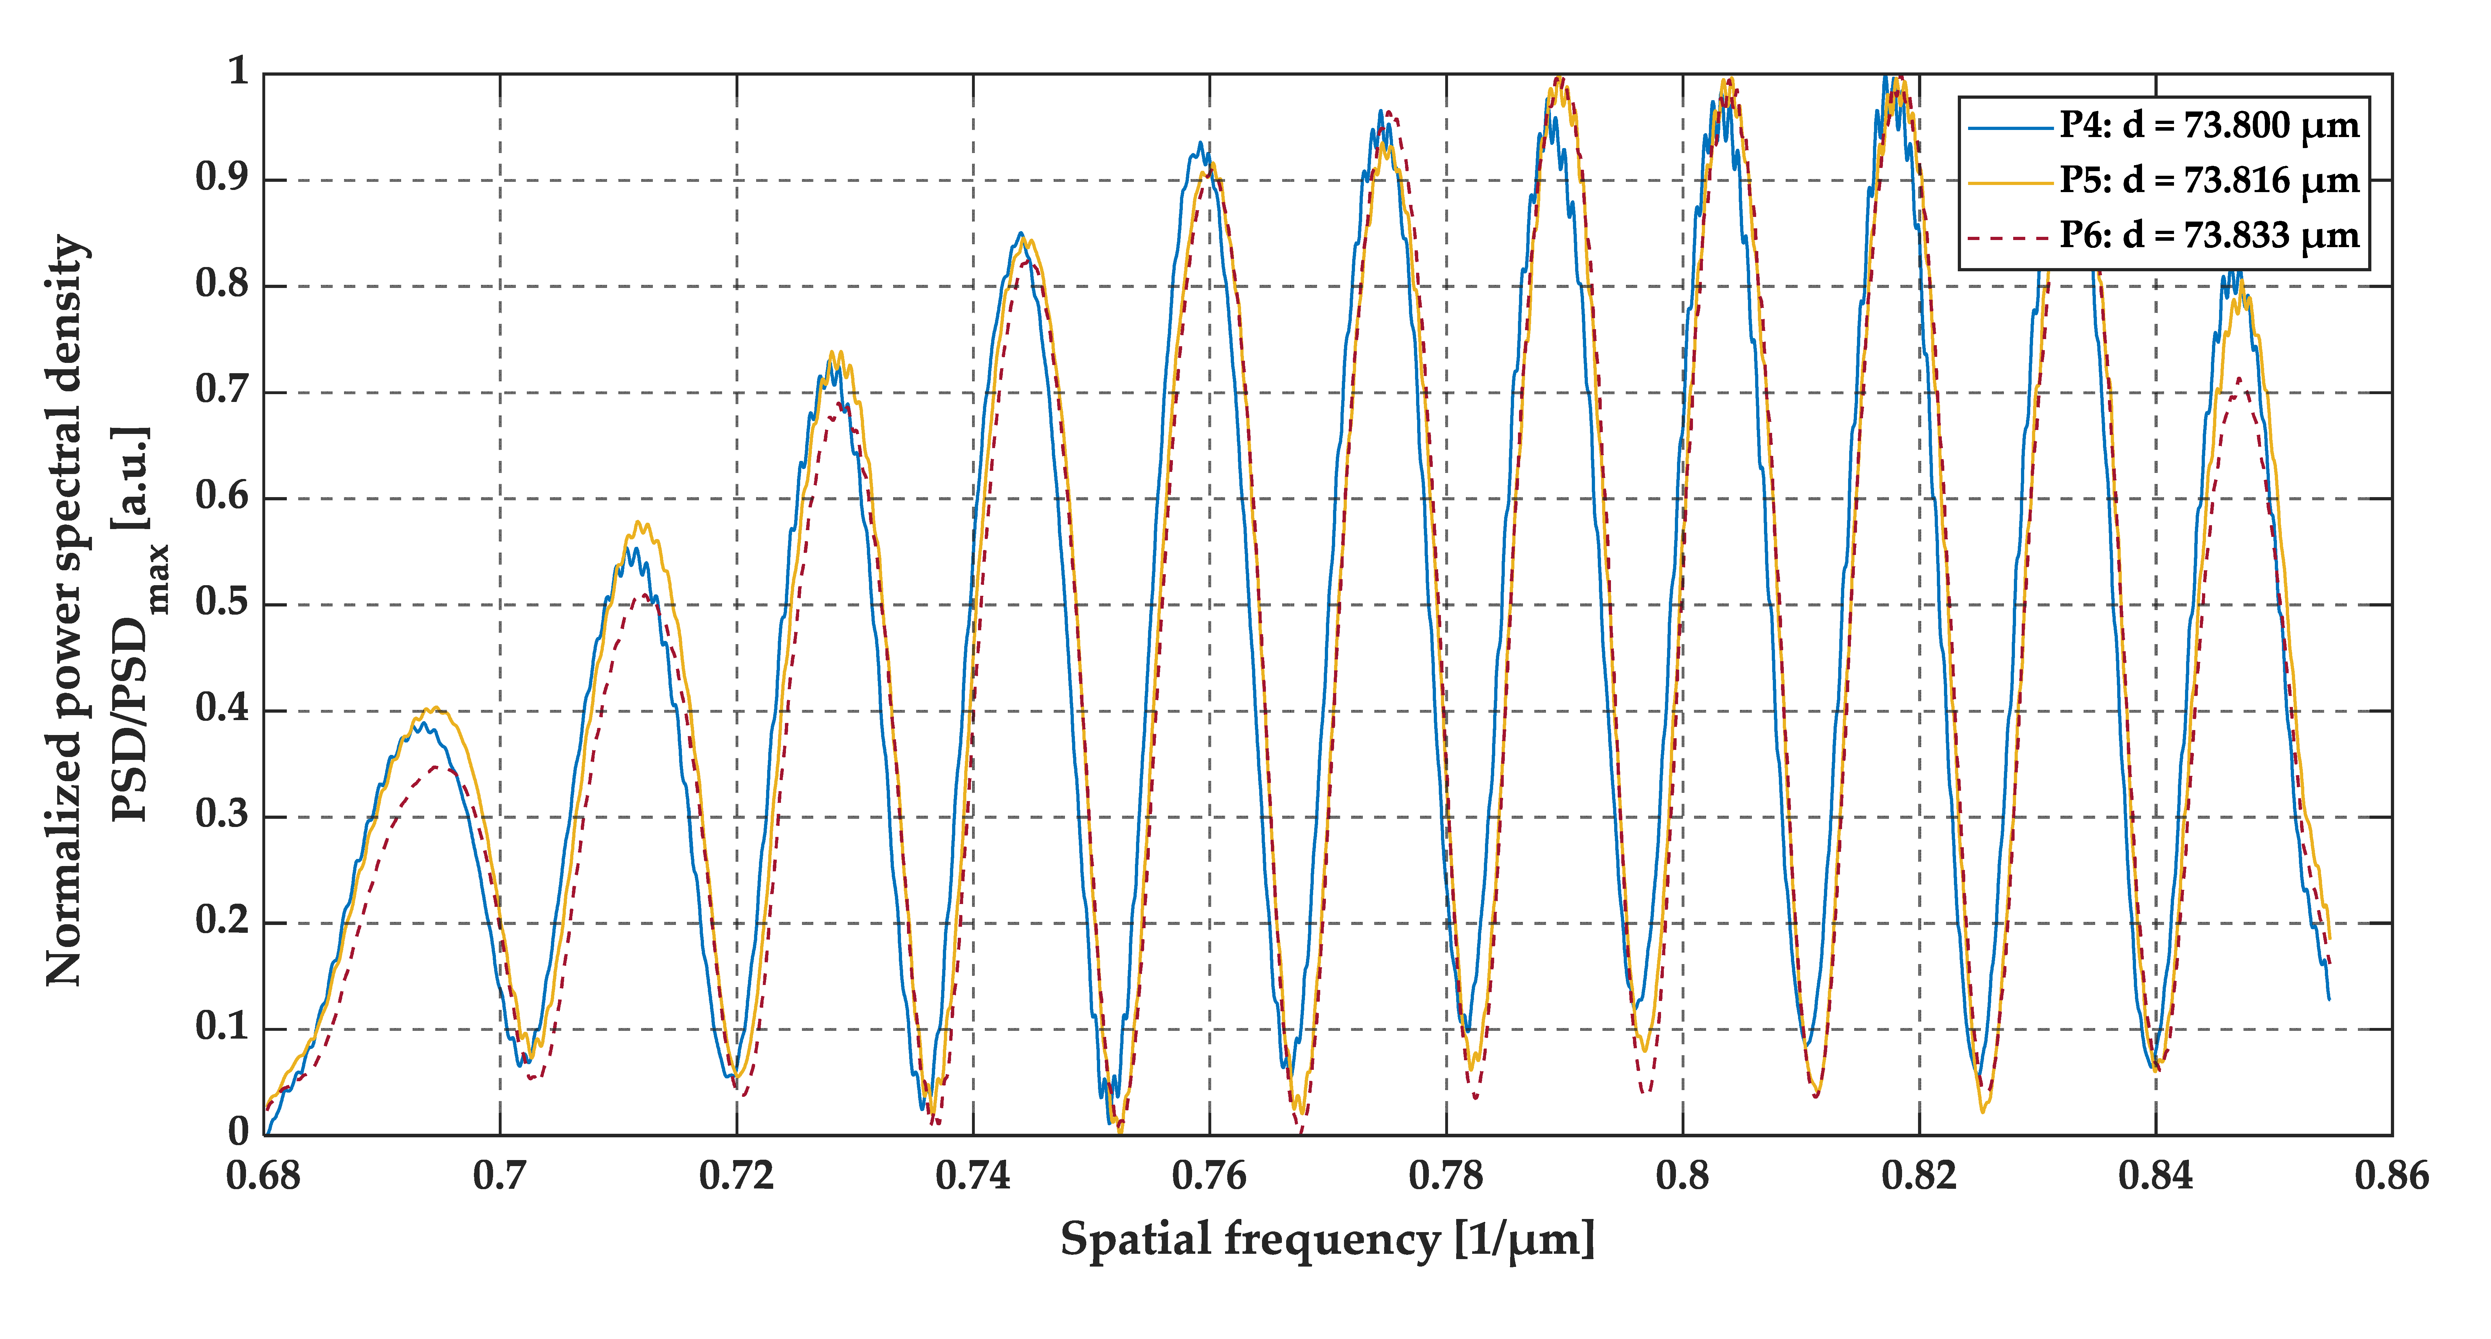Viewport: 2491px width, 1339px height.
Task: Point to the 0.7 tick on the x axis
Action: [500, 1176]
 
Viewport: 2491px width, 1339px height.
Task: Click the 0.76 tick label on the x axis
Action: [1210, 1176]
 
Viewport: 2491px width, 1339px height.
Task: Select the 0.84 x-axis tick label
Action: [2156, 1176]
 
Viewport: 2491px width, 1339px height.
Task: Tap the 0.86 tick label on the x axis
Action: [2391, 1176]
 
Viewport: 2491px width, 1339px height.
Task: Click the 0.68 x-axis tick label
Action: [263, 1176]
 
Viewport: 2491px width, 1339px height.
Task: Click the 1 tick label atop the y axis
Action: [238, 72]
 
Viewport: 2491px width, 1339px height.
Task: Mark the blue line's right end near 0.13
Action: [2328, 998]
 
